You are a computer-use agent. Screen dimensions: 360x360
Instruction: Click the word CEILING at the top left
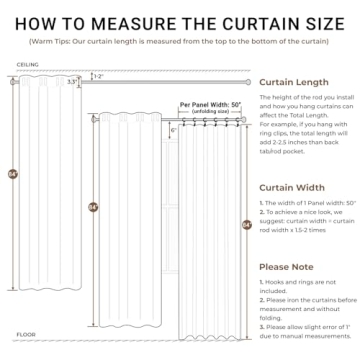click(28, 62)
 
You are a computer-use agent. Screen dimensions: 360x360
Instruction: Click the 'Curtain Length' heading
click(294, 84)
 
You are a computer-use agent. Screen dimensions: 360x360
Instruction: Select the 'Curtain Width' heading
click(291, 186)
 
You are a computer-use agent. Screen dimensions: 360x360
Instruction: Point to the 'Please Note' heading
click(287, 267)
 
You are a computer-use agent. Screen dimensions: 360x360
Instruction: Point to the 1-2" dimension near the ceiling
click(97, 76)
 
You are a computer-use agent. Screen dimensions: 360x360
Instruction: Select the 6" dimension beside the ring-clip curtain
click(173, 130)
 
